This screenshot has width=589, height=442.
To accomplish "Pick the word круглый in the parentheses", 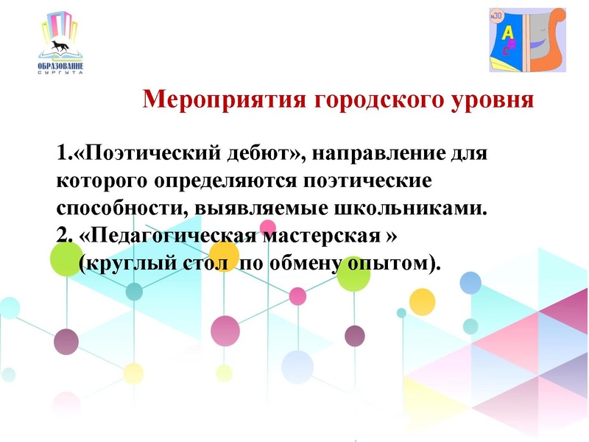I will [127, 262].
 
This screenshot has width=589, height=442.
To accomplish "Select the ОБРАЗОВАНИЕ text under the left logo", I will [60, 67].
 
